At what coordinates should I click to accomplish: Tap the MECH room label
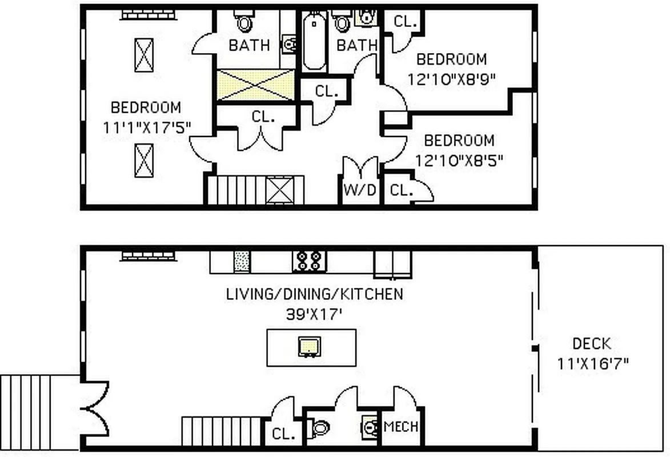pyautogui.click(x=401, y=427)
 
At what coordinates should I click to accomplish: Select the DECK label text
pyautogui.click(x=592, y=344)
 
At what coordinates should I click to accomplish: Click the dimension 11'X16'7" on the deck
pyautogui.click(x=593, y=363)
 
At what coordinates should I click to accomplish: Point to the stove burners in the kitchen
pyautogui.click(x=309, y=261)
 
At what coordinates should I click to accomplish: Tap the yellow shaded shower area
pyautogui.click(x=256, y=86)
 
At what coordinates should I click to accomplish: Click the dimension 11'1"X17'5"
pyautogui.click(x=146, y=127)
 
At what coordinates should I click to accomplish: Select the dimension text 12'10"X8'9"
pyautogui.click(x=451, y=78)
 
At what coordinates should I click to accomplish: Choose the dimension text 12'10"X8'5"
pyautogui.click(x=459, y=160)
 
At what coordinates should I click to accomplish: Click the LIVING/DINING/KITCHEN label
pyautogui.click(x=315, y=294)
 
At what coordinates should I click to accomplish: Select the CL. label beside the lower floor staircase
pyautogui.click(x=283, y=434)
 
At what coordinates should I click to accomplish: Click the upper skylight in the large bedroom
pyautogui.click(x=143, y=55)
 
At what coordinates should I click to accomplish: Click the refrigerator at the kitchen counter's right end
pyautogui.click(x=392, y=264)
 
